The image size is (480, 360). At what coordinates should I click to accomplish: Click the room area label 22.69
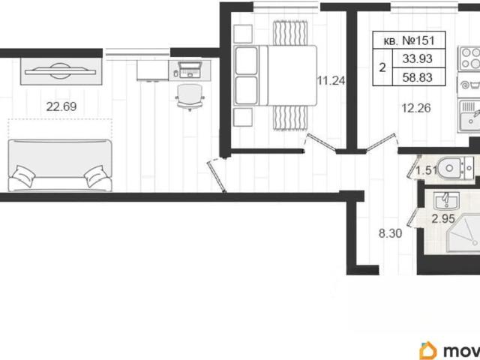click(x=61, y=106)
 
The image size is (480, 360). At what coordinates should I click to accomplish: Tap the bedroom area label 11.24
click(x=331, y=81)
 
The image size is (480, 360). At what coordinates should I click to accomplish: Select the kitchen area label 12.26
click(x=416, y=108)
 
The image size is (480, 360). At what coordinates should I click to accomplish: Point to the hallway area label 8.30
click(x=390, y=233)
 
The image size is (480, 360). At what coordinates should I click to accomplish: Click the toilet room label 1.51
click(x=427, y=170)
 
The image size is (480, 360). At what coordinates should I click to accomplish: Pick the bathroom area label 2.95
click(x=443, y=219)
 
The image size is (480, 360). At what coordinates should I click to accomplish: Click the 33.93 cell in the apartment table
click(x=417, y=58)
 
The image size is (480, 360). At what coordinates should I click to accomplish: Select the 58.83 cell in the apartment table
click(x=417, y=77)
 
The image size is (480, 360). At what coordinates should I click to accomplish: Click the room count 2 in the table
click(x=382, y=67)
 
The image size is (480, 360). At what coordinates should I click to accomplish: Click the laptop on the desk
click(x=190, y=70)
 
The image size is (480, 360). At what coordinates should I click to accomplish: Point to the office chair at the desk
click(x=190, y=97)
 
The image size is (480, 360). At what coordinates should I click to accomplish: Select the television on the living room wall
click(x=60, y=72)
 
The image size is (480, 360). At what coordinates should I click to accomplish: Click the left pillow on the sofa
click(x=23, y=176)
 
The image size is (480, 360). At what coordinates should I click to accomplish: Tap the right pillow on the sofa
click(x=96, y=176)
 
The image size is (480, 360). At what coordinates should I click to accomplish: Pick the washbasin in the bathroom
click(x=447, y=201)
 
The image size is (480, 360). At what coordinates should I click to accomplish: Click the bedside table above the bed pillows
click(x=243, y=34)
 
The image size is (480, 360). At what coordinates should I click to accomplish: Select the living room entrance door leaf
click(x=217, y=177)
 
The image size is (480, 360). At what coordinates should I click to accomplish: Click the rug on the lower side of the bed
click(x=290, y=118)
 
